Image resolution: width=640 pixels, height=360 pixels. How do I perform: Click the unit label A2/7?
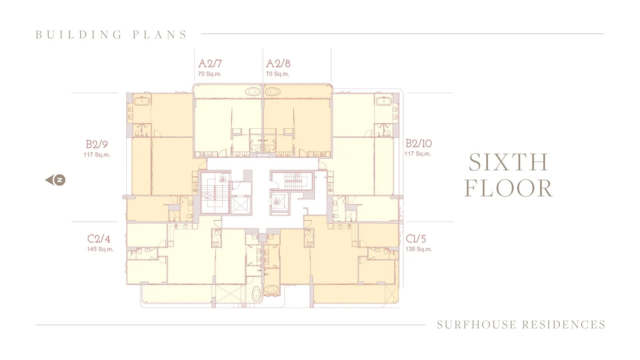(210, 63)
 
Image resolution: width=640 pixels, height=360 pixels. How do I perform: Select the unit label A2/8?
(278, 63)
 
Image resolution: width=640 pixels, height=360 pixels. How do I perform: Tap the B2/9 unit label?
(97, 144)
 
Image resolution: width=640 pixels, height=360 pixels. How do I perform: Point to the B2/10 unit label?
(419, 143)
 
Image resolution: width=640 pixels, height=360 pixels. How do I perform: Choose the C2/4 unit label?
(99, 239)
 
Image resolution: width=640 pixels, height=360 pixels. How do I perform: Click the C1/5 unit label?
(416, 239)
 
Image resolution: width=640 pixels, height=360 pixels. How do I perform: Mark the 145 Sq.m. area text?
(100, 249)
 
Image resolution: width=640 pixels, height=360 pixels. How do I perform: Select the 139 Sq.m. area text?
(419, 249)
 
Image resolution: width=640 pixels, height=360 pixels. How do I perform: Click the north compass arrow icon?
(55, 180)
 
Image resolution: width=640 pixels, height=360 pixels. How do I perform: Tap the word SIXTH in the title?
(508, 163)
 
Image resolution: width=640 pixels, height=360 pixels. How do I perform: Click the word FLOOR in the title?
(508, 189)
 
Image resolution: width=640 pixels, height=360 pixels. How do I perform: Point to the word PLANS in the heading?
(160, 35)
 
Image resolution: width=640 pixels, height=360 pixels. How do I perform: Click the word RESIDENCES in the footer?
(564, 325)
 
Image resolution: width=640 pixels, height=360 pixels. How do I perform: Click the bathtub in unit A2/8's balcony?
(273, 91)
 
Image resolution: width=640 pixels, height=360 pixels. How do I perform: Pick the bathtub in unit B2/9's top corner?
(142, 100)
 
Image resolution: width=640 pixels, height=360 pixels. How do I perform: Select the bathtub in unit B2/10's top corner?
(383, 100)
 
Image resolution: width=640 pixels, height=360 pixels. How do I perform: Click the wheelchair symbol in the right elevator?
(276, 201)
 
